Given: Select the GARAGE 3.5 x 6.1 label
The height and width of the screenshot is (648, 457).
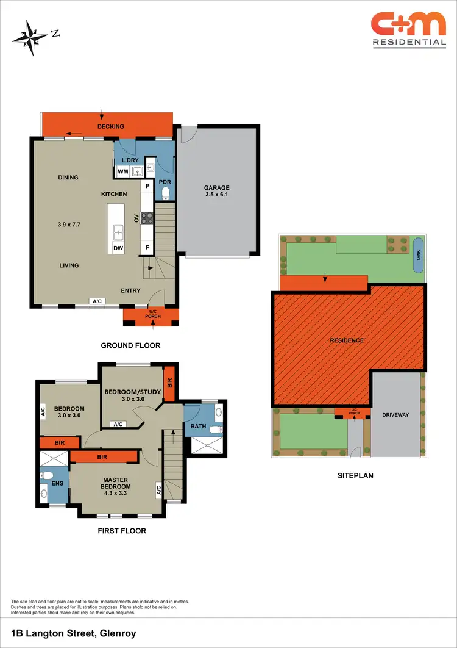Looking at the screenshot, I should [217, 192].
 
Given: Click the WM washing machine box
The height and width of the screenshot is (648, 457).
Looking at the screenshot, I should [122, 171].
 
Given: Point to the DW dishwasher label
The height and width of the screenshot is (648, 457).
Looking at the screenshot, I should [117, 248].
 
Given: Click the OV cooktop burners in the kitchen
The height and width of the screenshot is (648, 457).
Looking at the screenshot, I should [147, 217].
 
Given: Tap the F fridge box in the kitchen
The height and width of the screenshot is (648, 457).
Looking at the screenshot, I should [147, 248].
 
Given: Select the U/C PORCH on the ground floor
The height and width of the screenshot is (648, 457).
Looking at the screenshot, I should [151, 315].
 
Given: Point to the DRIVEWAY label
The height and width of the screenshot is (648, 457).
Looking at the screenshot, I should [395, 415].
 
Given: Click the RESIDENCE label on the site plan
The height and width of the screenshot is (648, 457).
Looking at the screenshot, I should [347, 340].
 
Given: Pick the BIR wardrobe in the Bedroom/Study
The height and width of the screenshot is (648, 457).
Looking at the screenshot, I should [169, 384].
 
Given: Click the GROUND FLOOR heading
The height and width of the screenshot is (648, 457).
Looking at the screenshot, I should [130, 345].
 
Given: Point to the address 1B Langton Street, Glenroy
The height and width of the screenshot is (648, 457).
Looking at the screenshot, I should [73, 634].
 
